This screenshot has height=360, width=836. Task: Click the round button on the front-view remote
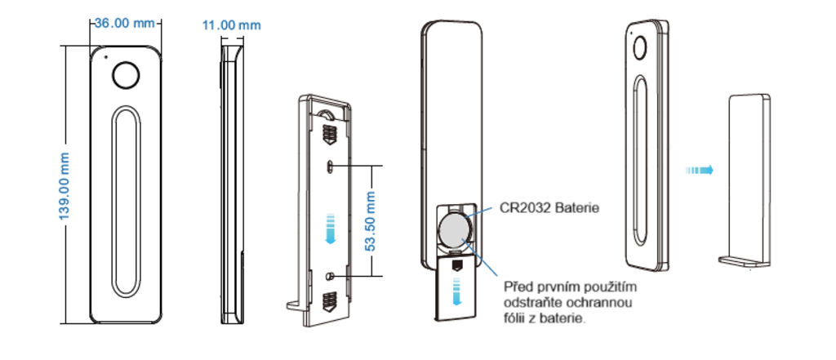point(126,75)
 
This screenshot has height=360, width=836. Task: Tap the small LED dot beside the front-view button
point(104,58)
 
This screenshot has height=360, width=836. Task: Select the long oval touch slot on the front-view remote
point(127,201)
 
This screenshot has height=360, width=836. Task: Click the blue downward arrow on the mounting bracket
point(329,227)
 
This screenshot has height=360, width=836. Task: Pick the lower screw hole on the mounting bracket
point(330,275)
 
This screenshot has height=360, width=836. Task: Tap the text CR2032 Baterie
point(549,208)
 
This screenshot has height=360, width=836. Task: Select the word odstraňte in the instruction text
point(531,303)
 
